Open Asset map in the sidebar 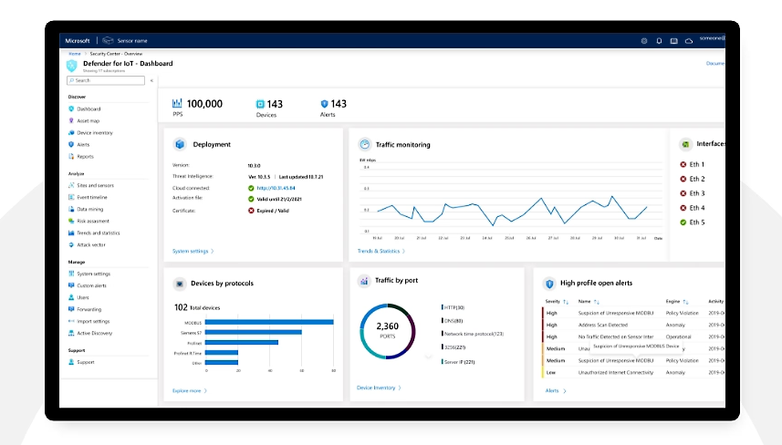click(x=88, y=120)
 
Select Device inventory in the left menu click(x=94, y=132)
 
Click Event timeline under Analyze click(x=91, y=197)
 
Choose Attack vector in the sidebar click(x=90, y=244)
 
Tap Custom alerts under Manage click(x=92, y=285)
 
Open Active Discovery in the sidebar click(x=95, y=333)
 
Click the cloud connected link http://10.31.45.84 click(x=275, y=188)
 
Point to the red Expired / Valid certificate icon click(x=251, y=211)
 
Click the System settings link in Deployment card click(x=193, y=251)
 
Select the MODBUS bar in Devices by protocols click(x=269, y=322)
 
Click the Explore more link click(x=189, y=390)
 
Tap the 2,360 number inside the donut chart click(x=387, y=326)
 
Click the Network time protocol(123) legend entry click(x=473, y=334)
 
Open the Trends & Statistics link click(x=381, y=251)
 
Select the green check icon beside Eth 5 click(x=683, y=222)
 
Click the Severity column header click(x=553, y=301)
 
